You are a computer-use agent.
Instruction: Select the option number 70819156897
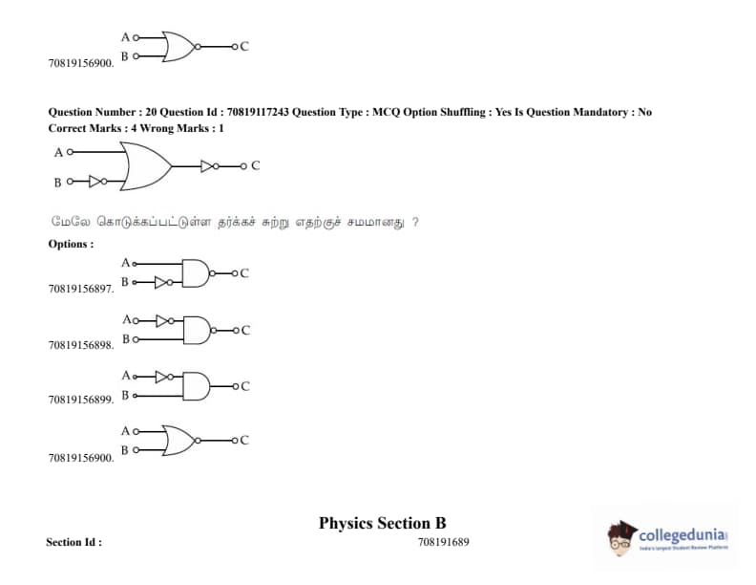[81, 287]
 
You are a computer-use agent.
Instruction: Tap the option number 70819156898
[81, 345]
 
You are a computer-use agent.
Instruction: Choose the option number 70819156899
[81, 400]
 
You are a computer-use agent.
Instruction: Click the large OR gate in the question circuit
[144, 166]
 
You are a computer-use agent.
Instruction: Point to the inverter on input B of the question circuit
[95, 181]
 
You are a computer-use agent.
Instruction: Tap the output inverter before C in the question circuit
[210, 166]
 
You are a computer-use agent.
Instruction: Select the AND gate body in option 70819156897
[195, 272]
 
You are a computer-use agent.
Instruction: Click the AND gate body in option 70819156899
[195, 386]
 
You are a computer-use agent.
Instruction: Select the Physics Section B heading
[382, 523]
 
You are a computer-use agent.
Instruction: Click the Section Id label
[73, 542]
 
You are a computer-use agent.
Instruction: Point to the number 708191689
[443, 542]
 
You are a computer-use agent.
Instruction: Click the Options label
[71, 244]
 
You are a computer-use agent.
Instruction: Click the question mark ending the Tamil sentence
[415, 222]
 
